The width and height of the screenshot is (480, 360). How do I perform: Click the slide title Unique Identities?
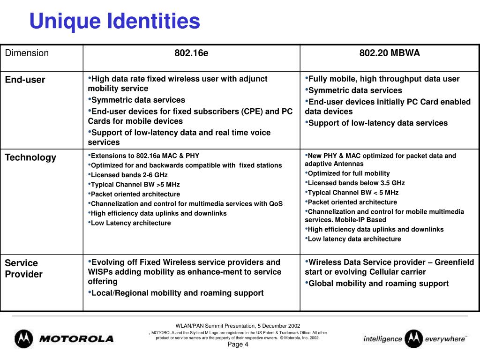(x=114, y=21)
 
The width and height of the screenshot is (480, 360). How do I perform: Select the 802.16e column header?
(x=191, y=53)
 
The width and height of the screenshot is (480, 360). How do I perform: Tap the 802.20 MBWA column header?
(x=390, y=53)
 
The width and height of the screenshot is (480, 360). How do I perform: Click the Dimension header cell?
(x=27, y=53)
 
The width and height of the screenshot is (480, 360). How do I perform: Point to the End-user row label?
(x=25, y=80)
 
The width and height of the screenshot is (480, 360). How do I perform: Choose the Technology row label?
(x=30, y=157)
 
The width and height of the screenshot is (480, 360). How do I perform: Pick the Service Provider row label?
(x=23, y=269)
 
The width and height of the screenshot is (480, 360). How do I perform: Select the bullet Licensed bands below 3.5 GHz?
(x=356, y=183)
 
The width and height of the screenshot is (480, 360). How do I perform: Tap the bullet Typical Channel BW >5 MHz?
(x=135, y=184)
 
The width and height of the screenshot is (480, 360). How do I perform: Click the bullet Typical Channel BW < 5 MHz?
(x=353, y=192)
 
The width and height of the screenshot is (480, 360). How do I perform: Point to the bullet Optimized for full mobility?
(x=348, y=173)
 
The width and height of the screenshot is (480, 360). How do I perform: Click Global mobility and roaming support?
(x=378, y=283)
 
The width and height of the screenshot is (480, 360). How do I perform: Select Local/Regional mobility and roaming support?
(x=177, y=293)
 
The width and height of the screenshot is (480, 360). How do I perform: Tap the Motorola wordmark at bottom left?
(x=76, y=338)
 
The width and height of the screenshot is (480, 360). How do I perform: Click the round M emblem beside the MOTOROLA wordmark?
(x=24, y=338)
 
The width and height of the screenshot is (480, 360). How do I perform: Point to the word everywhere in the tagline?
(x=445, y=338)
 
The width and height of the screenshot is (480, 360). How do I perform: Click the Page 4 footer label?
(x=238, y=345)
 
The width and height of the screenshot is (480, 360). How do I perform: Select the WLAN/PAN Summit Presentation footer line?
(x=238, y=326)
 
